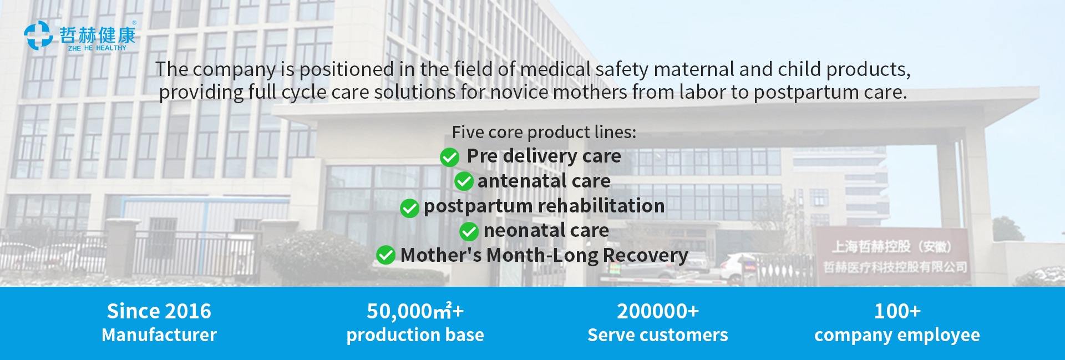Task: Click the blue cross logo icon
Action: click(38, 36)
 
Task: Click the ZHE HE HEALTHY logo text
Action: click(97, 48)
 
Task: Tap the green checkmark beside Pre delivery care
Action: click(449, 157)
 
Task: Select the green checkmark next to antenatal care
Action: click(464, 181)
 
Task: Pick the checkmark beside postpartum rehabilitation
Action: click(409, 208)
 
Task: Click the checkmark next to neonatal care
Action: click(469, 231)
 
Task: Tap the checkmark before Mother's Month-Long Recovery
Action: click(386, 256)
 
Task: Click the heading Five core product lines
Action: click(544, 132)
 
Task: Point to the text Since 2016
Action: click(159, 311)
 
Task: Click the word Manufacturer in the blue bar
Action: click(159, 335)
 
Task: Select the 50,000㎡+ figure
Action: click(415, 311)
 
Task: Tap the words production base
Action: click(415, 335)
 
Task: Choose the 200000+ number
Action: click(658, 311)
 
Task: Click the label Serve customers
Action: click(658, 335)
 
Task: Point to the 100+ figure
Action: click(897, 311)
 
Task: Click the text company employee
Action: click(897, 335)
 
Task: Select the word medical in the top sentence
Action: click(549, 69)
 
